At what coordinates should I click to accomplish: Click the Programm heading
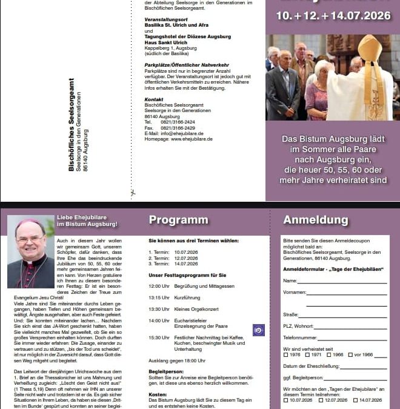click(178, 220)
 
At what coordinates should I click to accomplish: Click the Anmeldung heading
click(316, 220)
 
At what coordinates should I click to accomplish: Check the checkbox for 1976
click(286, 355)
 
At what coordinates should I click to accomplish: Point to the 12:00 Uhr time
click(159, 285)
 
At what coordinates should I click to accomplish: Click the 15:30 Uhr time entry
click(159, 338)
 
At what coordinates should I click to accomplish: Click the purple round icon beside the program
click(259, 330)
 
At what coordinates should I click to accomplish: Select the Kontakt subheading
click(154, 99)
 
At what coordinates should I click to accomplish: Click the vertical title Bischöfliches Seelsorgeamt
click(71, 125)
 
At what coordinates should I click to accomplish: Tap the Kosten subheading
click(158, 394)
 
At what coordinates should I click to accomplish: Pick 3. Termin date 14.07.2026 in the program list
click(187, 264)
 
